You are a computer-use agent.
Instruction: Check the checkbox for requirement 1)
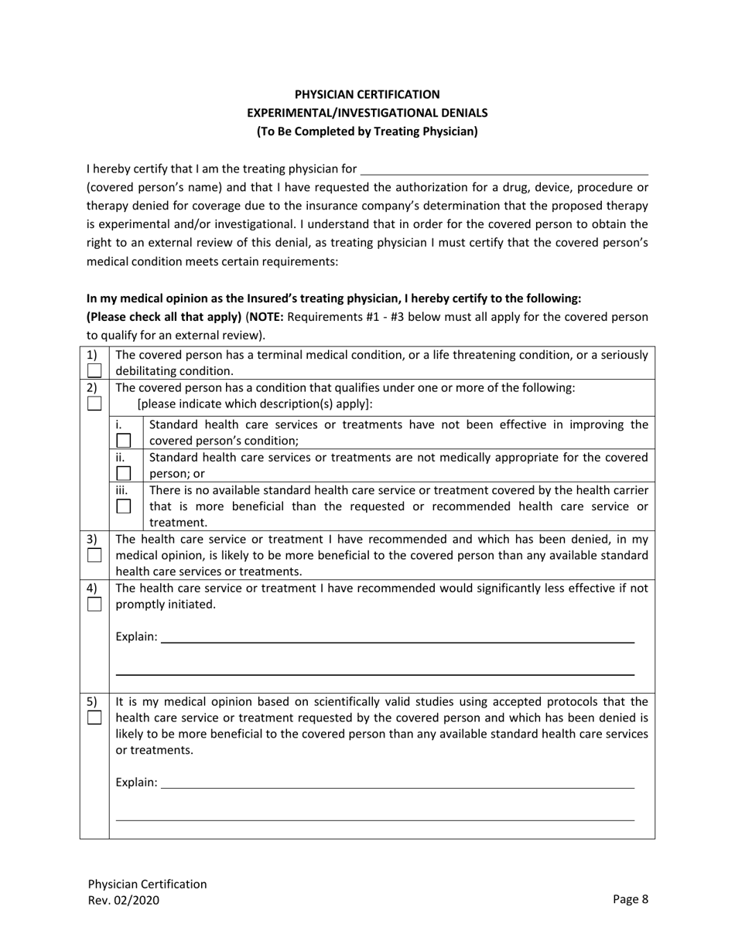pyautogui.click(x=94, y=370)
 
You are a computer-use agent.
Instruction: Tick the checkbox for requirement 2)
pyautogui.click(x=94, y=404)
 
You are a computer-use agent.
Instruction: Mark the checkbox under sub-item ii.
pyautogui.click(x=124, y=472)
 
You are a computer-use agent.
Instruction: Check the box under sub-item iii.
pyautogui.click(x=124, y=506)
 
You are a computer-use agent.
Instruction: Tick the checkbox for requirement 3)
pyautogui.click(x=94, y=554)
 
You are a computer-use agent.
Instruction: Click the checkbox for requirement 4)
pyautogui.click(x=94, y=604)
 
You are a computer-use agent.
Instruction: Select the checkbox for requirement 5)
pyautogui.click(x=94, y=718)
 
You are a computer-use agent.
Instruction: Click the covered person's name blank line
pyautogui.click(x=504, y=169)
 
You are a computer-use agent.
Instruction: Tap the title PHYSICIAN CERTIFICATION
pyautogui.click(x=367, y=94)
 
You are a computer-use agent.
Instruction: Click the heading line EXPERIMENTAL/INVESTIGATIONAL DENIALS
pyautogui.click(x=367, y=113)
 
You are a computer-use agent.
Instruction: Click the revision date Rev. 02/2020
pyautogui.click(x=125, y=900)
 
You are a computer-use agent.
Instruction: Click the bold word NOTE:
pyautogui.click(x=266, y=317)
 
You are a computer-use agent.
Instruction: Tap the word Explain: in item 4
pyautogui.click(x=136, y=637)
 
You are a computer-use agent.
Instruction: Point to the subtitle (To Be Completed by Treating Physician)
pyautogui.click(x=367, y=131)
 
